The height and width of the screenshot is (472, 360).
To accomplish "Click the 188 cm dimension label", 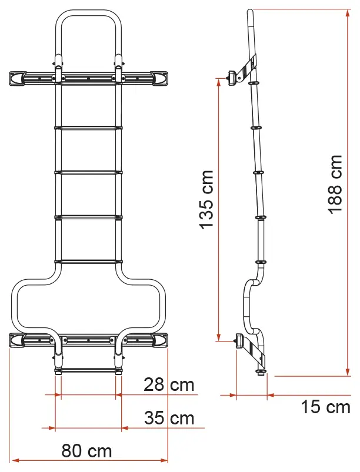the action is (335, 184).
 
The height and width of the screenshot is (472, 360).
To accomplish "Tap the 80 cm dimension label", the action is (86, 451).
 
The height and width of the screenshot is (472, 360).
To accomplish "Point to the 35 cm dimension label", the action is (169, 418).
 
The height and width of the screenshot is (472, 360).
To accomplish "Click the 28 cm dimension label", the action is (169, 384).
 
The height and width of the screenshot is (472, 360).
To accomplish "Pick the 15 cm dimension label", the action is (326, 407).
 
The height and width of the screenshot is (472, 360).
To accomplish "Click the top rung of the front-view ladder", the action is (88, 128).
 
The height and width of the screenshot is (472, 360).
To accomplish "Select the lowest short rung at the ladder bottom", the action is (88, 370).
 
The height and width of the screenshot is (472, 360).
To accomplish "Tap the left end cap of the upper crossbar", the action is (18, 78).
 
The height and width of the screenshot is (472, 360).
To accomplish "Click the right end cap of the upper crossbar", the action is (159, 78).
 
